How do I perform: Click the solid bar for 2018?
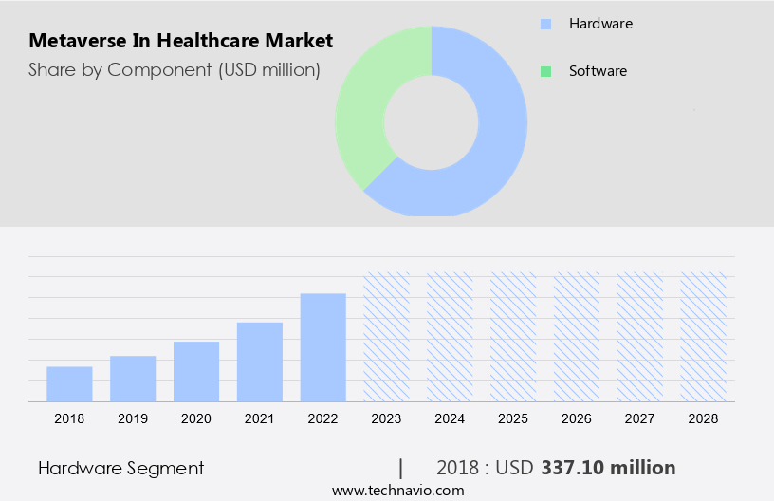[x=69, y=384]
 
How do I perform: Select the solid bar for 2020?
[x=196, y=371]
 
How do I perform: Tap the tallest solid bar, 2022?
[x=323, y=347]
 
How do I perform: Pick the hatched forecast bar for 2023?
[x=387, y=337]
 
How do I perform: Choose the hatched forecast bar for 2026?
[x=578, y=337]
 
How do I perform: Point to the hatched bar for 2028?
[x=704, y=337]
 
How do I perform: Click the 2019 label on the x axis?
[x=133, y=418]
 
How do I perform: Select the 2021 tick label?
[x=260, y=418]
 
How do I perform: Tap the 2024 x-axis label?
[x=451, y=418]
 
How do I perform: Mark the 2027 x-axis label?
[x=640, y=418]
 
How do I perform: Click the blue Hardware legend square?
[x=545, y=23]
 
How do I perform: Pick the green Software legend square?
[x=545, y=71]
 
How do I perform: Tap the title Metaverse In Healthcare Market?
[x=180, y=41]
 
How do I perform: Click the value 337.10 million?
[x=608, y=468]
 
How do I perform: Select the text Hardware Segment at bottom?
[x=120, y=468]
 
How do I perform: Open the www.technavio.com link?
[x=397, y=491]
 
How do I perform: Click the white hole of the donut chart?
[x=432, y=121]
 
